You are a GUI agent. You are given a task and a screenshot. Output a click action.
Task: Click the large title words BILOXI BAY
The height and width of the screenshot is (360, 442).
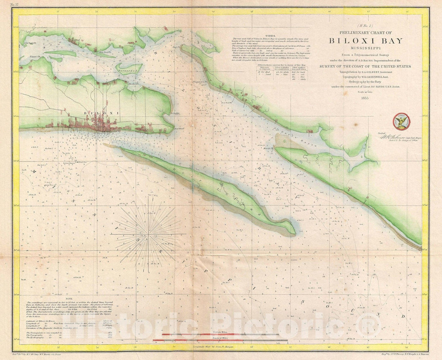tap(365, 41)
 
